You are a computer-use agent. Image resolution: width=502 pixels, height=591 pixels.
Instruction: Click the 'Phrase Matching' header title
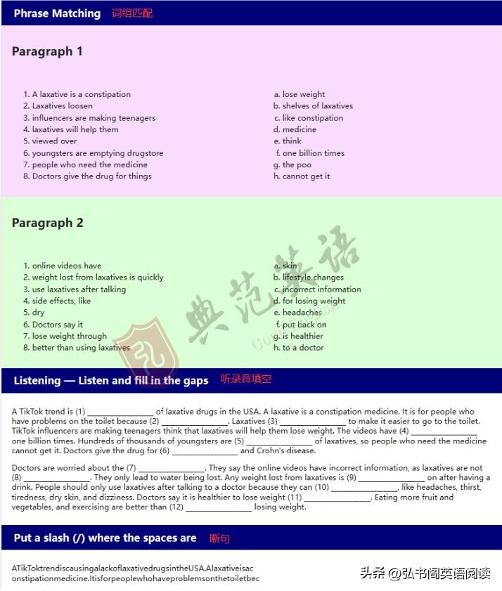(x=57, y=13)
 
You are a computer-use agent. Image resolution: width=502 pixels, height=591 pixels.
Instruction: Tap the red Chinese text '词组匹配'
(x=131, y=13)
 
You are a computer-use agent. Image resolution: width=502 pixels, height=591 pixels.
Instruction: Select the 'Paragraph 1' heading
(x=47, y=51)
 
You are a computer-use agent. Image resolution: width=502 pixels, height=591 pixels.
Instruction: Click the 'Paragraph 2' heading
(x=47, y=223)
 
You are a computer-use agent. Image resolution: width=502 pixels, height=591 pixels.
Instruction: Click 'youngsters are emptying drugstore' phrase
(x=97, y=153)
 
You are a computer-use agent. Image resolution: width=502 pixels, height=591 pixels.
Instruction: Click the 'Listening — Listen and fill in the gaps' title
(x=111, y=380)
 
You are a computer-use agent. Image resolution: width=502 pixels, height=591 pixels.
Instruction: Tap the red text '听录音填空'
(x=246, y=379)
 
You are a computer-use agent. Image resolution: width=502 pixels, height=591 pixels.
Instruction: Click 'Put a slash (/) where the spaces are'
(x=105, y=538)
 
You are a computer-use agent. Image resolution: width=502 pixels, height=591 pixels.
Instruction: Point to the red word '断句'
(x=219, y=538)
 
